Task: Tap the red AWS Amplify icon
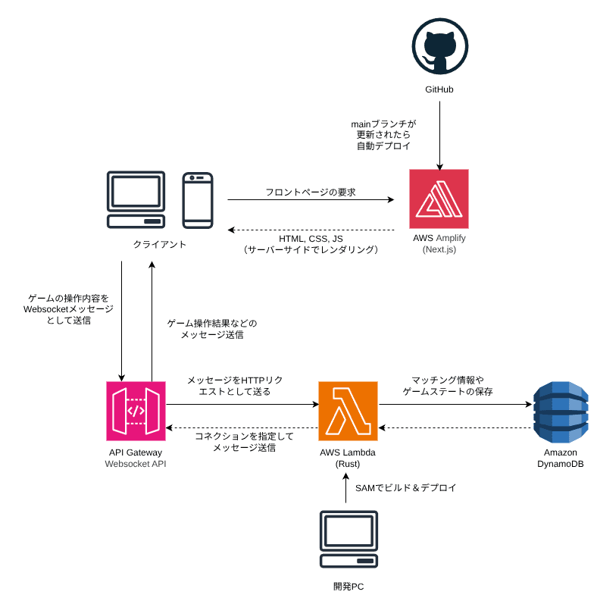439,199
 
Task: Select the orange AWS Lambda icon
348,411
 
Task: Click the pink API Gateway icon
136,411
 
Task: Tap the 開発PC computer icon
348,540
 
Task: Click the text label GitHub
439,89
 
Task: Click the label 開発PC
349,586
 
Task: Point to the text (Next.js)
439,249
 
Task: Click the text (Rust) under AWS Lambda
348,463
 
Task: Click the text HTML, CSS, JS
311,238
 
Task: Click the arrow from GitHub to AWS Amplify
439,136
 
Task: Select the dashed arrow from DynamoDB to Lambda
455,427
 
